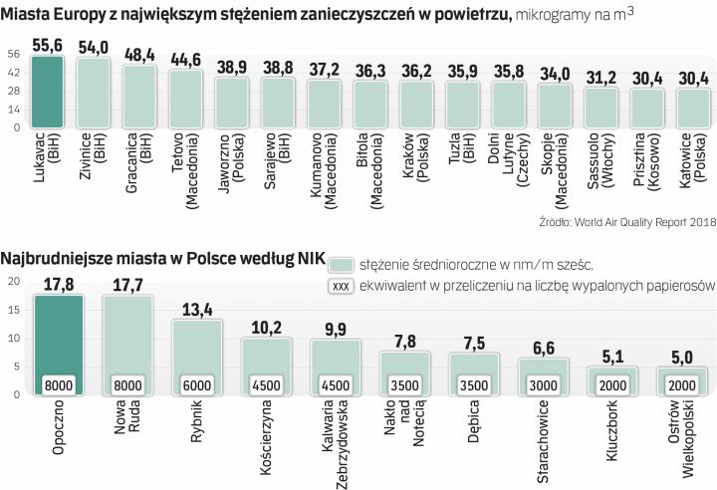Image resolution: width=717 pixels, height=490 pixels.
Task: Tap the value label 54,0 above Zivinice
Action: (93, 47)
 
